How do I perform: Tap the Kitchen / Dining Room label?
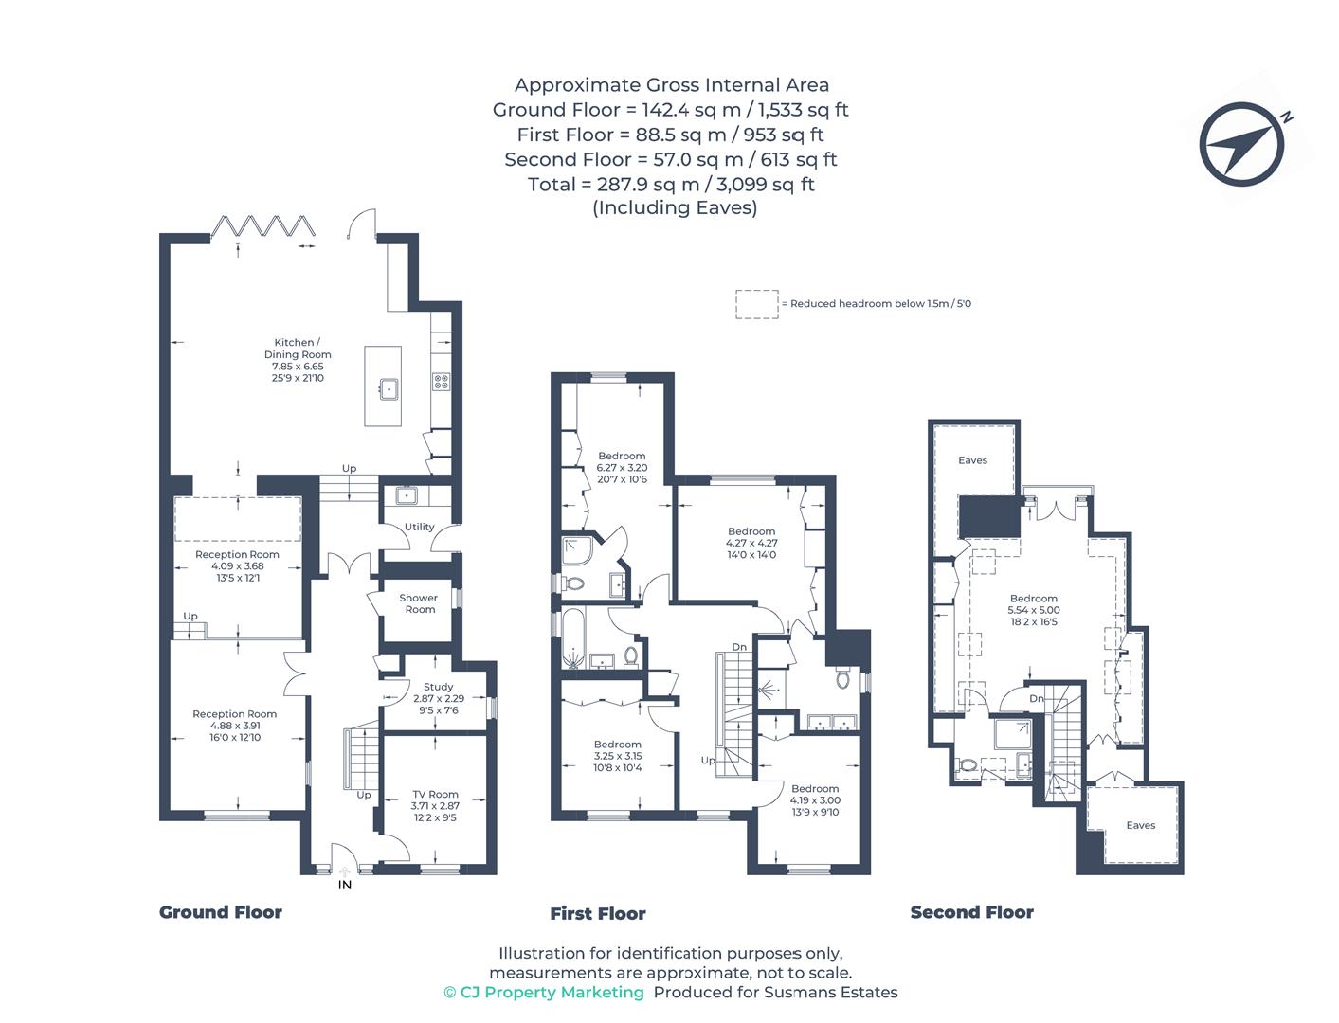point(298,349)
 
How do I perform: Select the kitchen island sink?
point(389,388)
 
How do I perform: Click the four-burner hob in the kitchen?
point(441,382)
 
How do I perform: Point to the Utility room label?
point(419,527)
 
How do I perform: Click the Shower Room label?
point(419,603)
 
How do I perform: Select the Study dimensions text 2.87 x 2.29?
point(439,699)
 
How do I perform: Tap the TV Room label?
point(435,794)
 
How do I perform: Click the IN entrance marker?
point(345,885)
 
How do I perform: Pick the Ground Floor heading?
point(220,912)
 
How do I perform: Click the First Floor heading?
point(597,914)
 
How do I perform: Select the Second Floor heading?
point(971,912)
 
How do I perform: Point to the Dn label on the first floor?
point(738,647)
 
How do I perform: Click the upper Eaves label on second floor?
point(972,460)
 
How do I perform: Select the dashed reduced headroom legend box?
point(756,304)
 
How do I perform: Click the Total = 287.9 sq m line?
point(671,184)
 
